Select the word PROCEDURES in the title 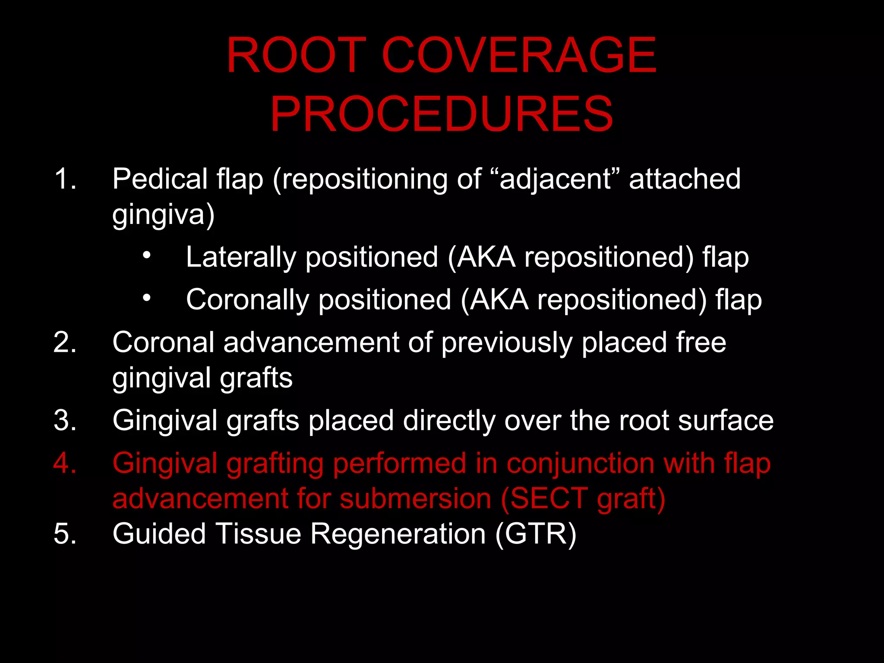(441, 114)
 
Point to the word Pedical (160, 179)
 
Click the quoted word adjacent (556, 179)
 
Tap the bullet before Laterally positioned (147, 255)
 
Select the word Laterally (241, 257)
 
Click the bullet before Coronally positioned (147, 297)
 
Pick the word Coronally (247, 300)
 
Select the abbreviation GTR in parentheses (536, 534)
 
